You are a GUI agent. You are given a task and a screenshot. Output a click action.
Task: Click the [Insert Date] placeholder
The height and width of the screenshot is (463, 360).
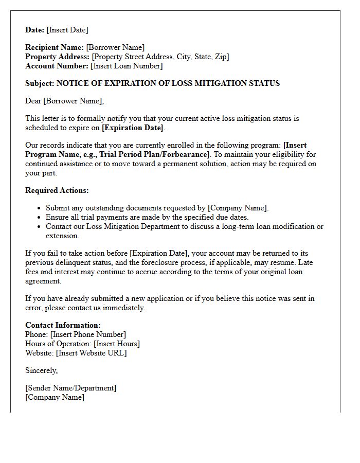(x=67, y=30)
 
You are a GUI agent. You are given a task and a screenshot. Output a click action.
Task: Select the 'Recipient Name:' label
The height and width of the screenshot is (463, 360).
(x=55, y=47)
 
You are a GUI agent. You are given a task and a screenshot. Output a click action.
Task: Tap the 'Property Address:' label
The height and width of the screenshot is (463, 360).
(x=58, y=57)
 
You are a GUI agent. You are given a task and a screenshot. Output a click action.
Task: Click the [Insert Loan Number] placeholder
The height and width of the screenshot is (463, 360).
(x=127, y=66)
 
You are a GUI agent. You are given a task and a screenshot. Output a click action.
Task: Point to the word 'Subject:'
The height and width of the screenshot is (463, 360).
(x=40, y=83)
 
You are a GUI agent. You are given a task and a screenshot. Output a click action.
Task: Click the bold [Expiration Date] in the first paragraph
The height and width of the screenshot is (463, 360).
(x=133, y=128)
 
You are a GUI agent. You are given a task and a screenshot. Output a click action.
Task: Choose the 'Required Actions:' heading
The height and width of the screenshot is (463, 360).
(x=57, y=190)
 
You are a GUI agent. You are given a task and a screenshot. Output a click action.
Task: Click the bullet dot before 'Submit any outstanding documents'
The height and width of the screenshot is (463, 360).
(x=40, y=208)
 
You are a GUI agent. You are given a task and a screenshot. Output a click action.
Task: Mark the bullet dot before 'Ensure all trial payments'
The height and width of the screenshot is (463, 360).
(x=40, y=218)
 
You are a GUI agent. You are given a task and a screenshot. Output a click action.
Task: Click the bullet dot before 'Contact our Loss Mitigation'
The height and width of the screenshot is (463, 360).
(x=40, y=227)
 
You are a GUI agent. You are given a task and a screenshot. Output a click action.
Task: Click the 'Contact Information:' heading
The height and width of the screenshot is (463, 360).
(x=63, y=325)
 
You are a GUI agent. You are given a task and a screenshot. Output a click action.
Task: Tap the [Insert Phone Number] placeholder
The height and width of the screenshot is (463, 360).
(x=88, y=334)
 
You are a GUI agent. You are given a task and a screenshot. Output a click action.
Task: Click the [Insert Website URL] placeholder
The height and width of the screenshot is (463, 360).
(x=91, y=353)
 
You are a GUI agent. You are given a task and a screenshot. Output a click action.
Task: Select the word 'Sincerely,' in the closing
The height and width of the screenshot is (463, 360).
(x=42, y=370)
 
